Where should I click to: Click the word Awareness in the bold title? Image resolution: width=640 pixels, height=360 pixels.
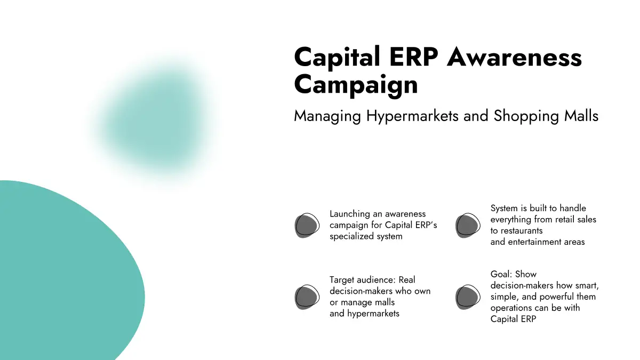[x=515, y=57]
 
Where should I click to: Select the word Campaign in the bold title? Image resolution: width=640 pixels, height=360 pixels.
[x=356, y=85]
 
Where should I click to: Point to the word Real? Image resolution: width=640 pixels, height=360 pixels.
[x=406, y=279]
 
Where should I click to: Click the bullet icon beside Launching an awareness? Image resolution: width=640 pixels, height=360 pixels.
[x=307, y=226]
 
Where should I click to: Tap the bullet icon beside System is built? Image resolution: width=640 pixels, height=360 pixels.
[x=468, y=226]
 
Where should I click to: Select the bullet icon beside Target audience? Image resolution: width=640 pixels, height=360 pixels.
[x=307, y=297]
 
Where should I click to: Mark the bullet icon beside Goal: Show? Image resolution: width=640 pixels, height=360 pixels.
[x=468, y=297]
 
